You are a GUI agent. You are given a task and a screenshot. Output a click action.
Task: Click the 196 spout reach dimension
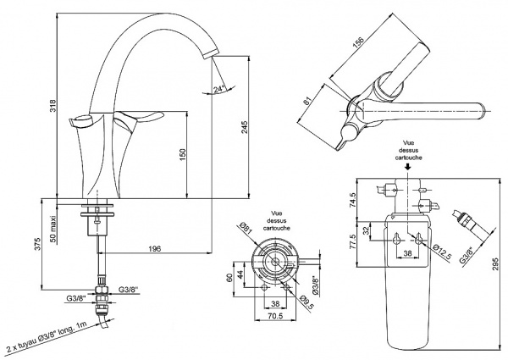pyautogui.click(x=154, y=248)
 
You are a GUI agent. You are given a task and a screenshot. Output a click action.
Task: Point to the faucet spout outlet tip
pyautogui.click(x=211, y=55)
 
